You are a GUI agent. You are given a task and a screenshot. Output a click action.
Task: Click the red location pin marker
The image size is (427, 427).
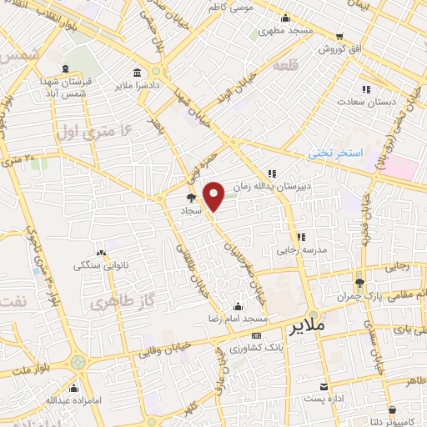point(215,195)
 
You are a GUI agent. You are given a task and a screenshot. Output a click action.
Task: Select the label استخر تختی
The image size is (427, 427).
point(337,154)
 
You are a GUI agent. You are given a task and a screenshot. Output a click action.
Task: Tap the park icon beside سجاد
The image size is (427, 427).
point(191,198)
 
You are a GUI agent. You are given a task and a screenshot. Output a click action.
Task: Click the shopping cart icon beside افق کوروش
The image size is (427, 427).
point(339,37)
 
